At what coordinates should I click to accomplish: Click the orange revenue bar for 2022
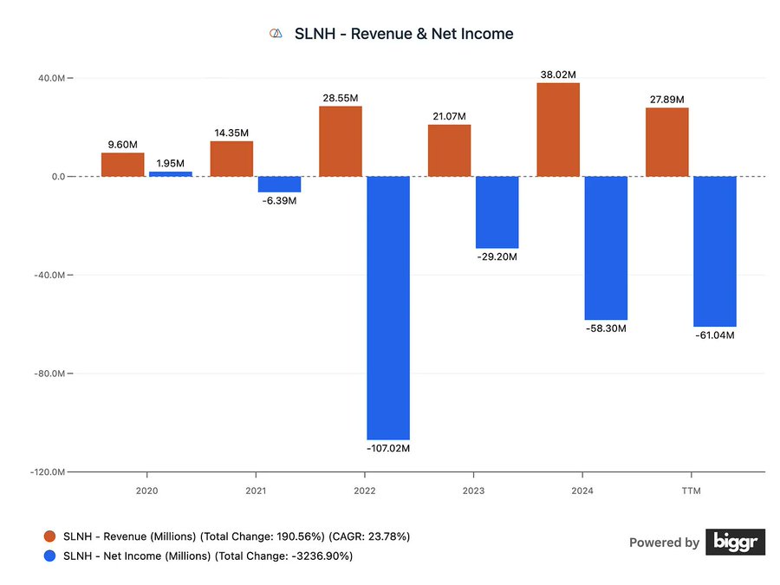[340, 141]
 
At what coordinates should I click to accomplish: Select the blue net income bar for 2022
[387, 308]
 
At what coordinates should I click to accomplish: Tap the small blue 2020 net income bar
[170, 174]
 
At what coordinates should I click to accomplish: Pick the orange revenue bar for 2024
[558, 130]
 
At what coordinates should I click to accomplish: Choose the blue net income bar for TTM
[714, 251]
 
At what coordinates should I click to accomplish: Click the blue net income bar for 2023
[497, 212]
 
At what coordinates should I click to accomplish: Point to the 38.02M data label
[558, 75]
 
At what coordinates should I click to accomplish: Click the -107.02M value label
[387, 449]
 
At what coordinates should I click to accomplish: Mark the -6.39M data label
[279, 201]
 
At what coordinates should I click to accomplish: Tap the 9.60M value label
[122, 145]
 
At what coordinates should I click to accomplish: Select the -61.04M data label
[715, 335]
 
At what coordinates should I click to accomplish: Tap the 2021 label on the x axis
[256, 490]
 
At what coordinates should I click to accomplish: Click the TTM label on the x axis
[691, 490]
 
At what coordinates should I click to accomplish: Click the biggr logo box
[735, 542]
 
